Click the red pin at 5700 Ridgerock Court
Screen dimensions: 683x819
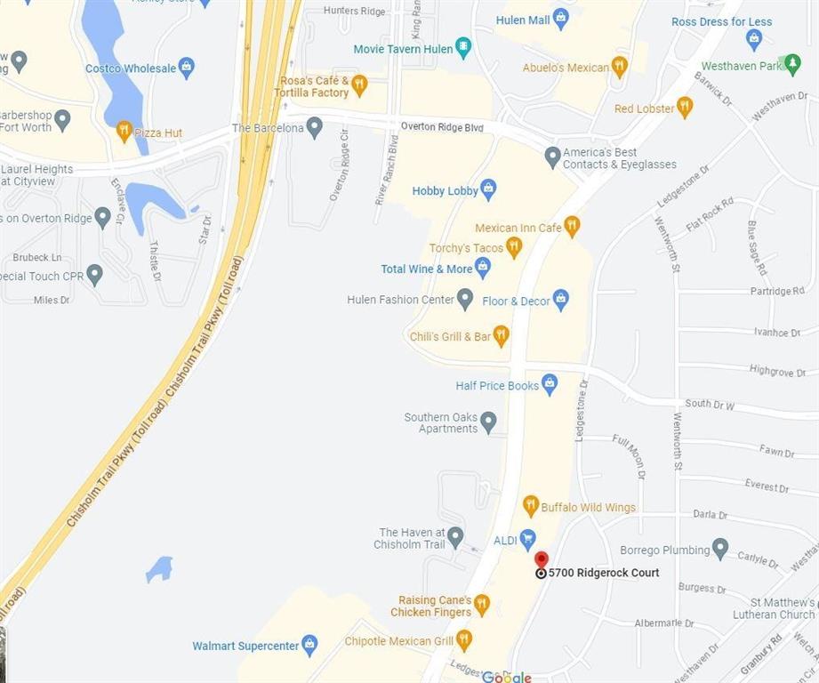coord(542,560)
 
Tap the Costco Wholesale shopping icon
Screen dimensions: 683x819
coord(186,68)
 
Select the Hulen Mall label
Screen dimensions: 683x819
coord(523,20)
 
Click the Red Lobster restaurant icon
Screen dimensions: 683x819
coord(684,108)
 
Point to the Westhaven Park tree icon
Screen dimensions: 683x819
coord(793,65)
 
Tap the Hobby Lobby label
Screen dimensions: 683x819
coord(445,190)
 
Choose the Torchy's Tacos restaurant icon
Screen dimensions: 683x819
coord(513,247)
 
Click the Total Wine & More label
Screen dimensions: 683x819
coord(427,269)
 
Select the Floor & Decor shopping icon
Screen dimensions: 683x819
coord(560,300)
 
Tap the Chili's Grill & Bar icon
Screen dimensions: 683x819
coord(501,336)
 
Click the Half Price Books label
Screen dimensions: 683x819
coord(497,385)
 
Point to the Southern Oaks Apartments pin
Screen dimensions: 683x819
coord(488,422)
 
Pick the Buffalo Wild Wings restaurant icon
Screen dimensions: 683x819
coord(531,506)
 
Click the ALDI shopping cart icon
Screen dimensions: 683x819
coord(528,539)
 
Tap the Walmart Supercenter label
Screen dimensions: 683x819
coord(245,646)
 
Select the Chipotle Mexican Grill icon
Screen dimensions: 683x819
coord(463,639)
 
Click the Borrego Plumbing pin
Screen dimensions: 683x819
coord(720,549)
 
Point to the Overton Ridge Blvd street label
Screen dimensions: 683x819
coord(441,127)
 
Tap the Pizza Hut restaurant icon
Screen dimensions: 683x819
coord(124,132)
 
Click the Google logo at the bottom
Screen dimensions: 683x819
coord(507,677)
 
